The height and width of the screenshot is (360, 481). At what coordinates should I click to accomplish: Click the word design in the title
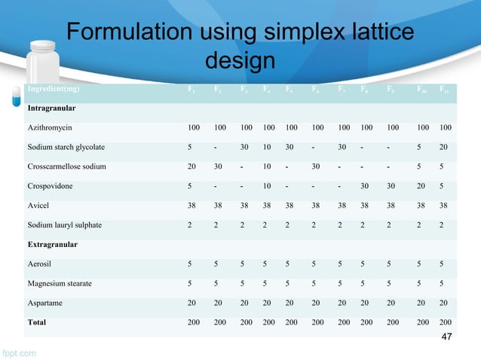(239, 59)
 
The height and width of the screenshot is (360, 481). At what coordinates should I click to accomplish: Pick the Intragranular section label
(52, 108)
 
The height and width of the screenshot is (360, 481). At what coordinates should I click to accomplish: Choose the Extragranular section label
(54, 245)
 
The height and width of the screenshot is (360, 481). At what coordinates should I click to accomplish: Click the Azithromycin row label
(51, 127)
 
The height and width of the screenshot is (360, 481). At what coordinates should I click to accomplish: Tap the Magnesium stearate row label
(62, 284)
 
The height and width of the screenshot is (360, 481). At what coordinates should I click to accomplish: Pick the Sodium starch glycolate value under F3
(243, 147)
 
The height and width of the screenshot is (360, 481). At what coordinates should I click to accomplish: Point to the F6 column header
(314, 90)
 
